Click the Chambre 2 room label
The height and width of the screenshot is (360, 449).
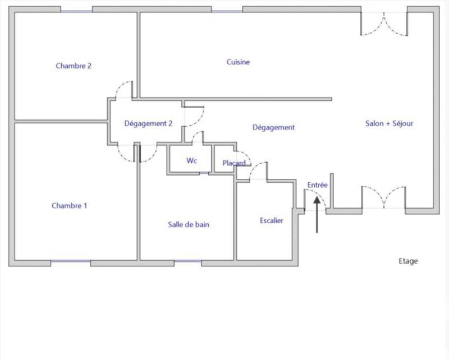click(74, 66)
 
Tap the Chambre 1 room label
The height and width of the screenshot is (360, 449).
click(70, 206)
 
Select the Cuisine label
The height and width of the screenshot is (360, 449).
click(238, 62)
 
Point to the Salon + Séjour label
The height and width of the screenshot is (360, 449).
click(390, 123)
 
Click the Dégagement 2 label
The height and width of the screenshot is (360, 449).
click(148, 124)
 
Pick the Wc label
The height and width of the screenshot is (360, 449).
click(192, 161)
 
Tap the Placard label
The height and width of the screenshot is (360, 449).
click(233, 163)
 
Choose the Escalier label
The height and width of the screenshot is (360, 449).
click(272, 220)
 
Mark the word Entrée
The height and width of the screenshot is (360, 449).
click(317, 184)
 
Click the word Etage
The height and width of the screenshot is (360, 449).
click(408, 261)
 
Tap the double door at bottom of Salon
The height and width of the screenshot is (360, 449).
click(384, 197)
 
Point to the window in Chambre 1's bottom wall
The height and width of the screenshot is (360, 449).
click(71, 262)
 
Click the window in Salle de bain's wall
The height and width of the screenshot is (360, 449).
click(187, 262)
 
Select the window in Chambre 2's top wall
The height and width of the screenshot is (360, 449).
click(76, 10)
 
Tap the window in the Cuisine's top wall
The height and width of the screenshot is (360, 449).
click(227, 10)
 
